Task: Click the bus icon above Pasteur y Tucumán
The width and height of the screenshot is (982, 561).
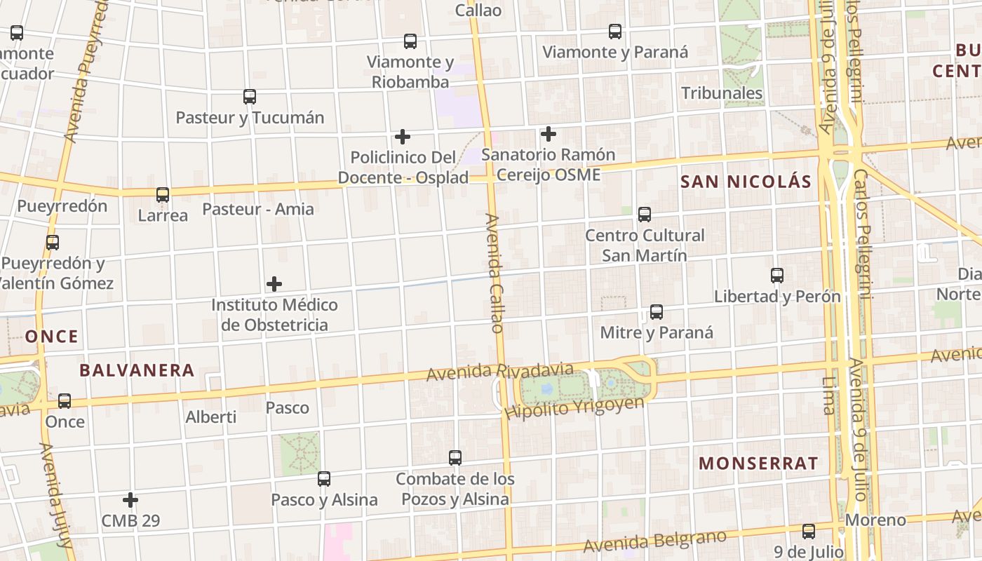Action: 249,97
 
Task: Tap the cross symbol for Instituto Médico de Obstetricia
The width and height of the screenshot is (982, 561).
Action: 274,284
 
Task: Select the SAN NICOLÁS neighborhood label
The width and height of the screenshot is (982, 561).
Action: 746,182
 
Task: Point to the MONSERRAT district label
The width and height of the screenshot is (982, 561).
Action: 758,464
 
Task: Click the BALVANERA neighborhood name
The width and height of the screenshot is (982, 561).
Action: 137,370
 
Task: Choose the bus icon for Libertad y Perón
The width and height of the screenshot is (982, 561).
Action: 776,276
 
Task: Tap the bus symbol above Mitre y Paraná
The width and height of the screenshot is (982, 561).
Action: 657,312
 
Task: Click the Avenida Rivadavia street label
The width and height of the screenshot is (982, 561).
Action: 499,373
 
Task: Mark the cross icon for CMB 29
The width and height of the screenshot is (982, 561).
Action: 130,500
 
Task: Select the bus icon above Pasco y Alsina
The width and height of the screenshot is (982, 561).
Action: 324,479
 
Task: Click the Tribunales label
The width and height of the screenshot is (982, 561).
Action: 722,93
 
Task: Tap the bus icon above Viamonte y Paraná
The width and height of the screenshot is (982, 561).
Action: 615,32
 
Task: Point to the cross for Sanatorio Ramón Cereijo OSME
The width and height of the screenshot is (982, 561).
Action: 549,133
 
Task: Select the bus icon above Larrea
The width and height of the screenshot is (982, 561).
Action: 163,194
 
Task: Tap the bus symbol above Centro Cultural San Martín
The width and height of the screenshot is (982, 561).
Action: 645,215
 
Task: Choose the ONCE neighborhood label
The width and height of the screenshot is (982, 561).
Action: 52,337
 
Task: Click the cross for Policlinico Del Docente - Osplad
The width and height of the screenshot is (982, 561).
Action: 403,136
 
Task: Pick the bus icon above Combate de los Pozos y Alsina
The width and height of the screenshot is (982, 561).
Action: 455,458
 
